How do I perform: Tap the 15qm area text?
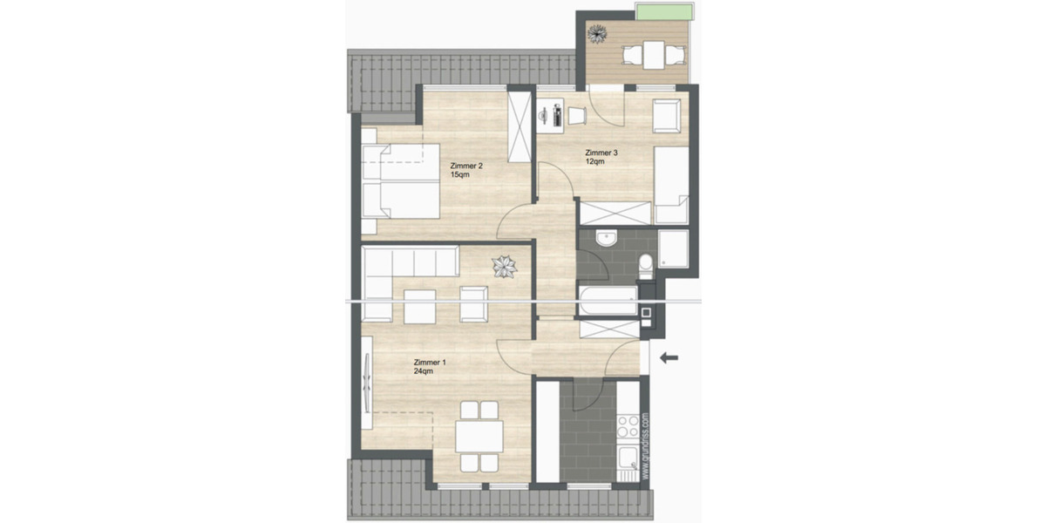click(459, 175)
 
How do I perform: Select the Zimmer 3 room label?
click(601, 153)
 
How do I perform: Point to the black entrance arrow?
click(669, 357)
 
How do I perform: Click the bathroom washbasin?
click(606, 238)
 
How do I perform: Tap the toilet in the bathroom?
click(646, 266)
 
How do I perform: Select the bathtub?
click(608, 299)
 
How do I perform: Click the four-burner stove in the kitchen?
click(628, 425)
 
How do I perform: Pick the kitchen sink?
click(628, 460)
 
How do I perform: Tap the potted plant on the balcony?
click(597, 34)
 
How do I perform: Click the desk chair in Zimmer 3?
click(578, 115)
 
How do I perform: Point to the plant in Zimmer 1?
click(504, 266)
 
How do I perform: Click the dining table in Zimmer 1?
click(479, 432)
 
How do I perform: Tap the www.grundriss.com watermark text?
click(645, 445)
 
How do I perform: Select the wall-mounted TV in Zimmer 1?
click(368, 381)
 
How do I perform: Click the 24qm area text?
click(424, 371)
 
